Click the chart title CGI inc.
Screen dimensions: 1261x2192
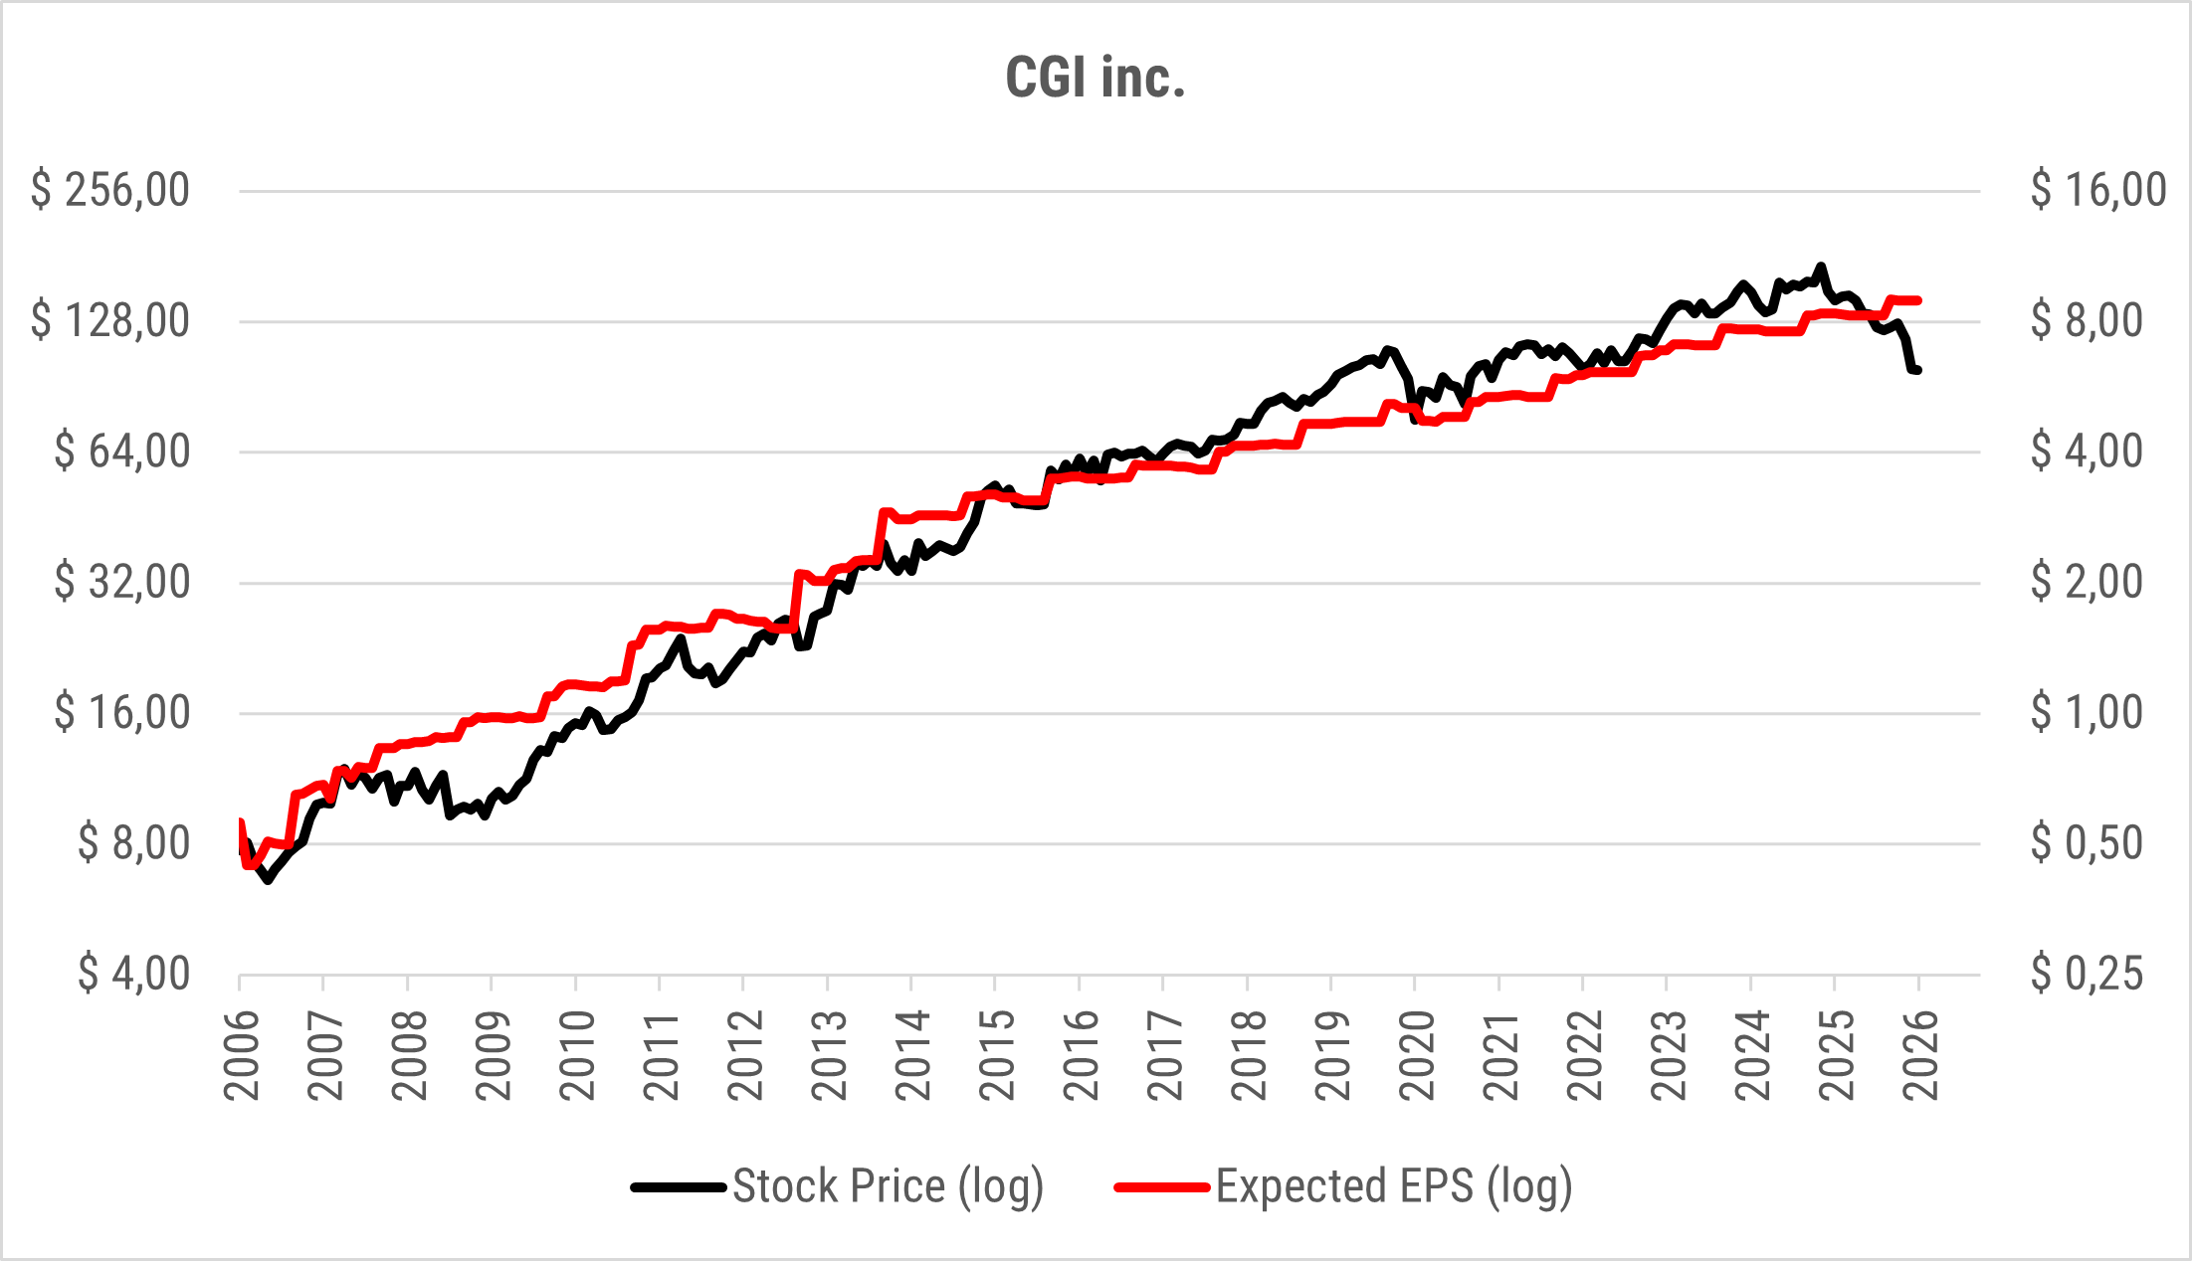[x=1096, y=78]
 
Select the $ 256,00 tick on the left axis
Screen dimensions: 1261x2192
[x=109, y=190]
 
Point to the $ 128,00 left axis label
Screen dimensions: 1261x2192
[x=109, y=321]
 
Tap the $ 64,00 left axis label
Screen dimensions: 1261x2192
[x=121, y=451]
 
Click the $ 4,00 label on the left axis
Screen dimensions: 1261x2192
[x=133, y=974]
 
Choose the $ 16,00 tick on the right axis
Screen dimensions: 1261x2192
[x=2097, y=190]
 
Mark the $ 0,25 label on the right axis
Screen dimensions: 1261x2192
[x=2086, y=974]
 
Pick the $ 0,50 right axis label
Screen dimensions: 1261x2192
[x=2086, y=843]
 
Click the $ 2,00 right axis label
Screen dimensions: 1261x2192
[x=2086, y=582]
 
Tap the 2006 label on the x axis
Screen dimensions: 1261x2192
[x=242, y=1055]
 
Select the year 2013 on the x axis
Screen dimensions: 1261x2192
[x=830, y=1055]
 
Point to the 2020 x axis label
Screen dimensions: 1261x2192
[x=1417, y=1055]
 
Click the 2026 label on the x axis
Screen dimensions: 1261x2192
[x=1920, y=1055]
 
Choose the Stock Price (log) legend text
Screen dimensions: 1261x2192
[x=888, y=1186]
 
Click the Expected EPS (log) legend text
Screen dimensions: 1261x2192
[x=1393, y=1186]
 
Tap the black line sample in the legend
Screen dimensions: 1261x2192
[x=679, y=1186]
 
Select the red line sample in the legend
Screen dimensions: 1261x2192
[x=1162, y=1186]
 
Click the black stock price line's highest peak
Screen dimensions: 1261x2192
[x=1821, y=267]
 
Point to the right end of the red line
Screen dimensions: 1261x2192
[x=1917, y=300]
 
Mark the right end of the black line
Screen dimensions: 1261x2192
[x=1917, y=370]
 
